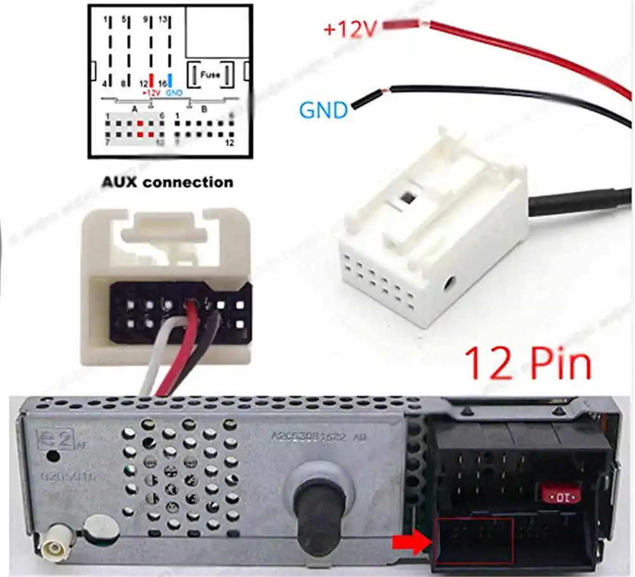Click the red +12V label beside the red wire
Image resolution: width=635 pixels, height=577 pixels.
(x=351, y=29)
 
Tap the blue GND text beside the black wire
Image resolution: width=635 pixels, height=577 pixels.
(x=323, y=110)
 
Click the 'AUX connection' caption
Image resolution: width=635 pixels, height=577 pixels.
(x=168, y=182)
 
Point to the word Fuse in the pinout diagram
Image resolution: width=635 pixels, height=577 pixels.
(x=210, y=75)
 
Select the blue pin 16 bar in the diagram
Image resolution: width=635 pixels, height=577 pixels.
(x=170, y=81)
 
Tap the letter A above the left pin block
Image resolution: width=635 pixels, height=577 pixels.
(x=135, y=109)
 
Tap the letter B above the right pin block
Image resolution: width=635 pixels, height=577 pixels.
(x=204, y=109)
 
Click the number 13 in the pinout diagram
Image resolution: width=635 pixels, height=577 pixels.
(x=163, y=20)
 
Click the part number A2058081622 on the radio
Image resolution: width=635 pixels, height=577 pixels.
(x=319, y=437)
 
